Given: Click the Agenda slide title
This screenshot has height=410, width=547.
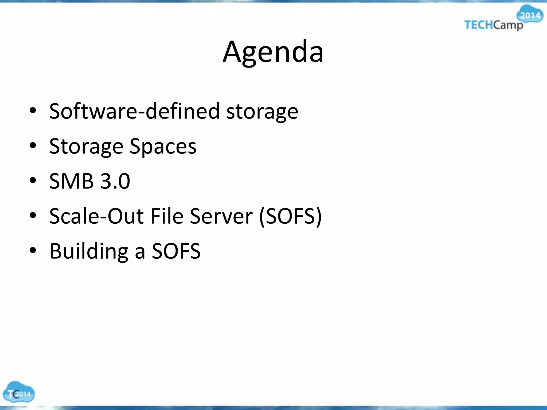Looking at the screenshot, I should (273, 52).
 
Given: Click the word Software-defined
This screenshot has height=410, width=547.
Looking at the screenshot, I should (134, 111).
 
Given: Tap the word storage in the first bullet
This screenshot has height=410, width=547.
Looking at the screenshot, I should (262, 112).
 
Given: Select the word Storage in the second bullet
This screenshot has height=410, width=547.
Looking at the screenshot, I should (86, 147).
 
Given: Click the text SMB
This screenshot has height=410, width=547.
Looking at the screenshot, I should (71, 181).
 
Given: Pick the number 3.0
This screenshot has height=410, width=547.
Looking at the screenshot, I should (115, 181).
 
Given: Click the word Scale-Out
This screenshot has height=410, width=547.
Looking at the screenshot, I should (96, 216).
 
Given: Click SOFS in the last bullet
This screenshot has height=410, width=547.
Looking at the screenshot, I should (176, 251).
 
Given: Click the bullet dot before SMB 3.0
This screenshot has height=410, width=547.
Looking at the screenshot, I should (33, 181).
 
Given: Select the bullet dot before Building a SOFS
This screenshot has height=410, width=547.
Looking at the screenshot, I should (33, 251).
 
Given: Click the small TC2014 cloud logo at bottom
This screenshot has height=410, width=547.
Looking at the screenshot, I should (18, 392).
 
